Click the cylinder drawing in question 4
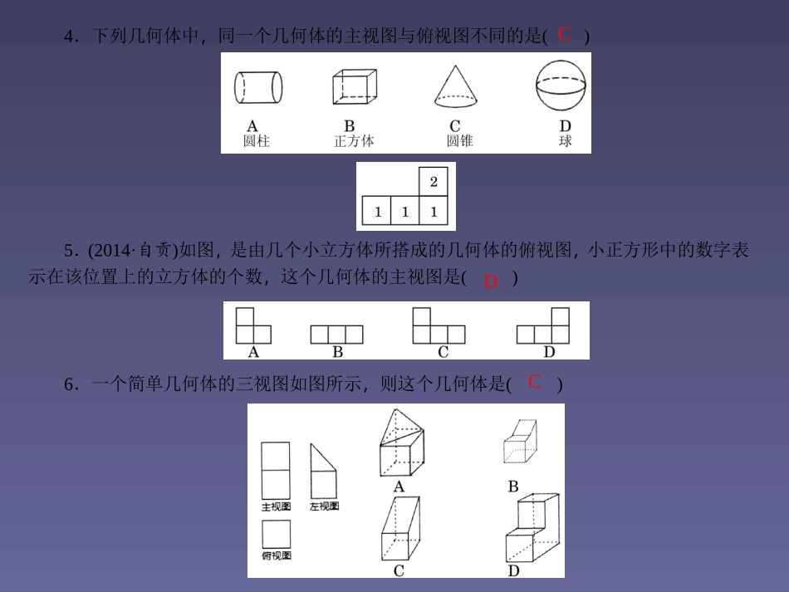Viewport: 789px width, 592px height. (257, 86)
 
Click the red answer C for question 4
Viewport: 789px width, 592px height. (565, 34)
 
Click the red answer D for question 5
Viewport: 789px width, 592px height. (490, 281)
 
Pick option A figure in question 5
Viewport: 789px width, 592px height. (253, 325)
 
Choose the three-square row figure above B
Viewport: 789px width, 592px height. (336, 334)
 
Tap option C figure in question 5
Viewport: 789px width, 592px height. (439, 325)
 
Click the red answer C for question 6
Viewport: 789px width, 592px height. (535, 382)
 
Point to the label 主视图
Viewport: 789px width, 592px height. (276, 506)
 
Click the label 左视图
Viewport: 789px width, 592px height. (324, 506)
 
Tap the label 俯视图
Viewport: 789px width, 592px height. (276, 555)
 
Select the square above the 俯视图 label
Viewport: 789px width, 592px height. (276, 534)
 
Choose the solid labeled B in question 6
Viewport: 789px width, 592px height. (520, 441)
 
